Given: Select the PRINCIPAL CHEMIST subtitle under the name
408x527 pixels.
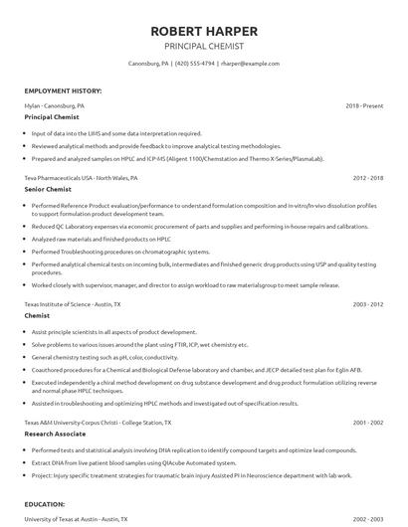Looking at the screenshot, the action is click(x=203, y=47).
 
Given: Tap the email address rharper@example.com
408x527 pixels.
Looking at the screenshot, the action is click(x=249, y=64).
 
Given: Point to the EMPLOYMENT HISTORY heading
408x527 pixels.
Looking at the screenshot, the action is click(x=63, y=90).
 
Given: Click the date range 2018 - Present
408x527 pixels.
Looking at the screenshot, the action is click(x=364, y=104).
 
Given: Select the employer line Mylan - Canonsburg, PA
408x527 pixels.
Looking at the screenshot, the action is click(x=55, y=104).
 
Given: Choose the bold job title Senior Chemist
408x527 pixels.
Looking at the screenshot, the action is click(x=47, y=190).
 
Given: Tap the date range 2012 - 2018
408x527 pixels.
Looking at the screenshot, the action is click(x=368, y=178).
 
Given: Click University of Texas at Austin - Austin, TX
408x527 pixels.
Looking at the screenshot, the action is click(x=73, y=518).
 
